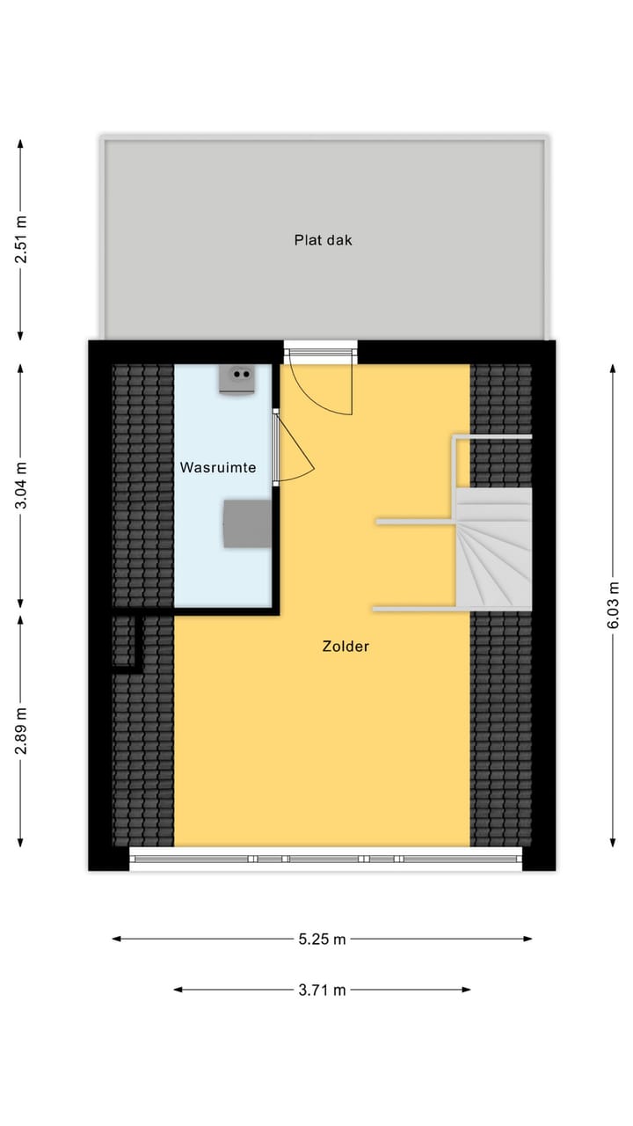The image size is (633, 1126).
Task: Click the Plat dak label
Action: tap(323, 239)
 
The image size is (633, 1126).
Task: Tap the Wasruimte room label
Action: tap(218, 467)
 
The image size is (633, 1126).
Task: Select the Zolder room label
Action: tap(346, 647)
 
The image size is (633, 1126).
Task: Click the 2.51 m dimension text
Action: tap(21, 239)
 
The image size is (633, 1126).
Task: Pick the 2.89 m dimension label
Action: tap(21, 730)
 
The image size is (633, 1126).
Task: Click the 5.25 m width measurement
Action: tap(322, 939)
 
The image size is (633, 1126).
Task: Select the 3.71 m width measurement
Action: tap(322, 990)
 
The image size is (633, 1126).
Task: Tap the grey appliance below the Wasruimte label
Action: tap(247, 523)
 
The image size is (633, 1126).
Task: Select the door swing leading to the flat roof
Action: tap(322, 387)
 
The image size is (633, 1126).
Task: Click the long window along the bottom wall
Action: tap(325, 859)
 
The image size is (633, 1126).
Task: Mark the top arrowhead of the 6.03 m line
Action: tap(613, 365)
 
